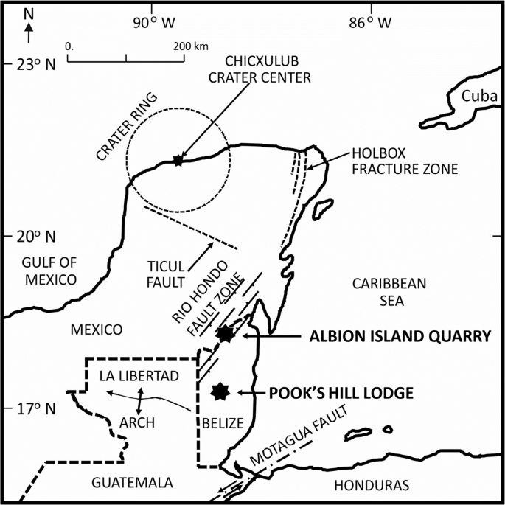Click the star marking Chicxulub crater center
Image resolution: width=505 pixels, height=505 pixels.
click(x=177, y=159)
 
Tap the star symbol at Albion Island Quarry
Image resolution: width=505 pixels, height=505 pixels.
click(x=225, y=334)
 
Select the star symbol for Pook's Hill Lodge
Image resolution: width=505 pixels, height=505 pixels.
click(x=219, y=391)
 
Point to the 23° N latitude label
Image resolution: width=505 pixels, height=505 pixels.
click(x=36, y=64)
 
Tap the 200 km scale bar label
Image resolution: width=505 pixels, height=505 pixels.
click(x=191, y=46)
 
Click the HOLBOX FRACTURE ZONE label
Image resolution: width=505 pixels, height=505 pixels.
click(x=405, y=161)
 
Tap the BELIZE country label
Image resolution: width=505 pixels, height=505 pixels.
click(x=222, y=423)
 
